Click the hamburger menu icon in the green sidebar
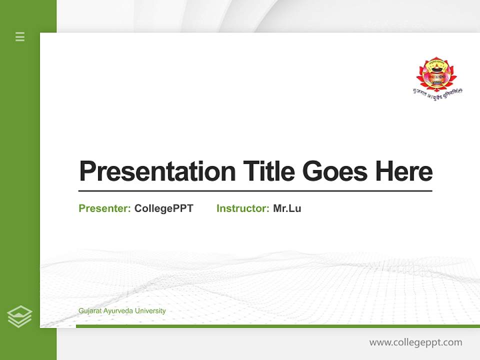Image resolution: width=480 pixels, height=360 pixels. point(20,36)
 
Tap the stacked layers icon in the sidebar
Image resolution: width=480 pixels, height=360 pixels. point(19,316)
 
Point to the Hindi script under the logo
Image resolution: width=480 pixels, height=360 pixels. point(437,92)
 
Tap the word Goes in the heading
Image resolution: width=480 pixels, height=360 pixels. point(335,171)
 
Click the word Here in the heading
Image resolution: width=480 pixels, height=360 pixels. point(403,171)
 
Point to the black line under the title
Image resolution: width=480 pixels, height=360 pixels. point(255,190)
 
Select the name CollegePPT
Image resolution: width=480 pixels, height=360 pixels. point(163,208)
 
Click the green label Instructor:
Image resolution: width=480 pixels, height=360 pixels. point(243,208)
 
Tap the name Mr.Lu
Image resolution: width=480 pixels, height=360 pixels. point(287,208)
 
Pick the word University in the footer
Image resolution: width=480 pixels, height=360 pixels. point(149,310)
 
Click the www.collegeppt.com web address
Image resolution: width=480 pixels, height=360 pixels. point(415,342)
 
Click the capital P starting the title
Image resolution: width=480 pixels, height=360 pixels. point(87,171)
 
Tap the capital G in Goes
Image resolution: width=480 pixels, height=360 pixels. point(311,171)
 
